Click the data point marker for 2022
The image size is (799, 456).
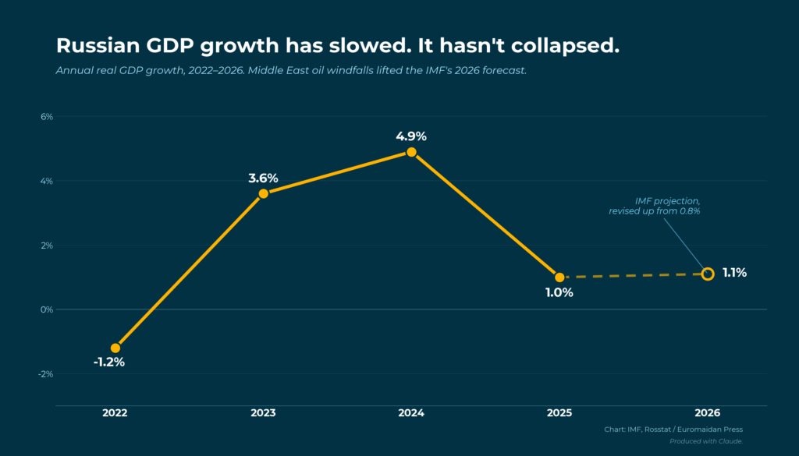coord(115,348)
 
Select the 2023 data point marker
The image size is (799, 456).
coord(264,193)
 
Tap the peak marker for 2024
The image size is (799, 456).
coord(411,152)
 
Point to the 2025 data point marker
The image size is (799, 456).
coord(559,277)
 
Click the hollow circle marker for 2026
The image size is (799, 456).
coord(708,274)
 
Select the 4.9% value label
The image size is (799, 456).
coord(411,136)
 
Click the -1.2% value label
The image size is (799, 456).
coord(108,362)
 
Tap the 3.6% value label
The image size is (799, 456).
coord(264,178)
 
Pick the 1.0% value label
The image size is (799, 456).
coord(559,293)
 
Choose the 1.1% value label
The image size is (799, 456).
coord(734,273)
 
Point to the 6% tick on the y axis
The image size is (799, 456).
coord(46,117)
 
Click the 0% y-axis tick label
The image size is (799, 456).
coord(46,309)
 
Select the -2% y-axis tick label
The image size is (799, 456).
coord(44,373)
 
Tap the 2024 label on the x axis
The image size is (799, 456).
coord(411,412)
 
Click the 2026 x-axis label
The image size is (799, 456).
coord(708,412)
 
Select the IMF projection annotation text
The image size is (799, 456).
coord(655,207)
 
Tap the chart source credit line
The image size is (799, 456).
coord(673,429)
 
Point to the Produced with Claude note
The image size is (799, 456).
coord(706,441)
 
